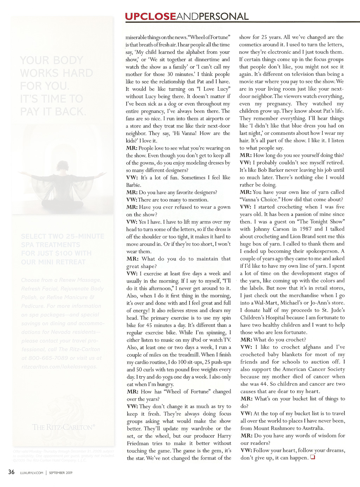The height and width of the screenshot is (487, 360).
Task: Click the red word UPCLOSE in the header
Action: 150,16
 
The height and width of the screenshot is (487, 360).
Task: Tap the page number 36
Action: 12,472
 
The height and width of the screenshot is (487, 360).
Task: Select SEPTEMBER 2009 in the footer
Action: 60,473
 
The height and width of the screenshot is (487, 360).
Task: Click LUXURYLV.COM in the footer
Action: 32,473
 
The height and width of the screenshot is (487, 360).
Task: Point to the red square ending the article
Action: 312,457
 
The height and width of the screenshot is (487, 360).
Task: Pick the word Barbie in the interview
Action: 134,185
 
